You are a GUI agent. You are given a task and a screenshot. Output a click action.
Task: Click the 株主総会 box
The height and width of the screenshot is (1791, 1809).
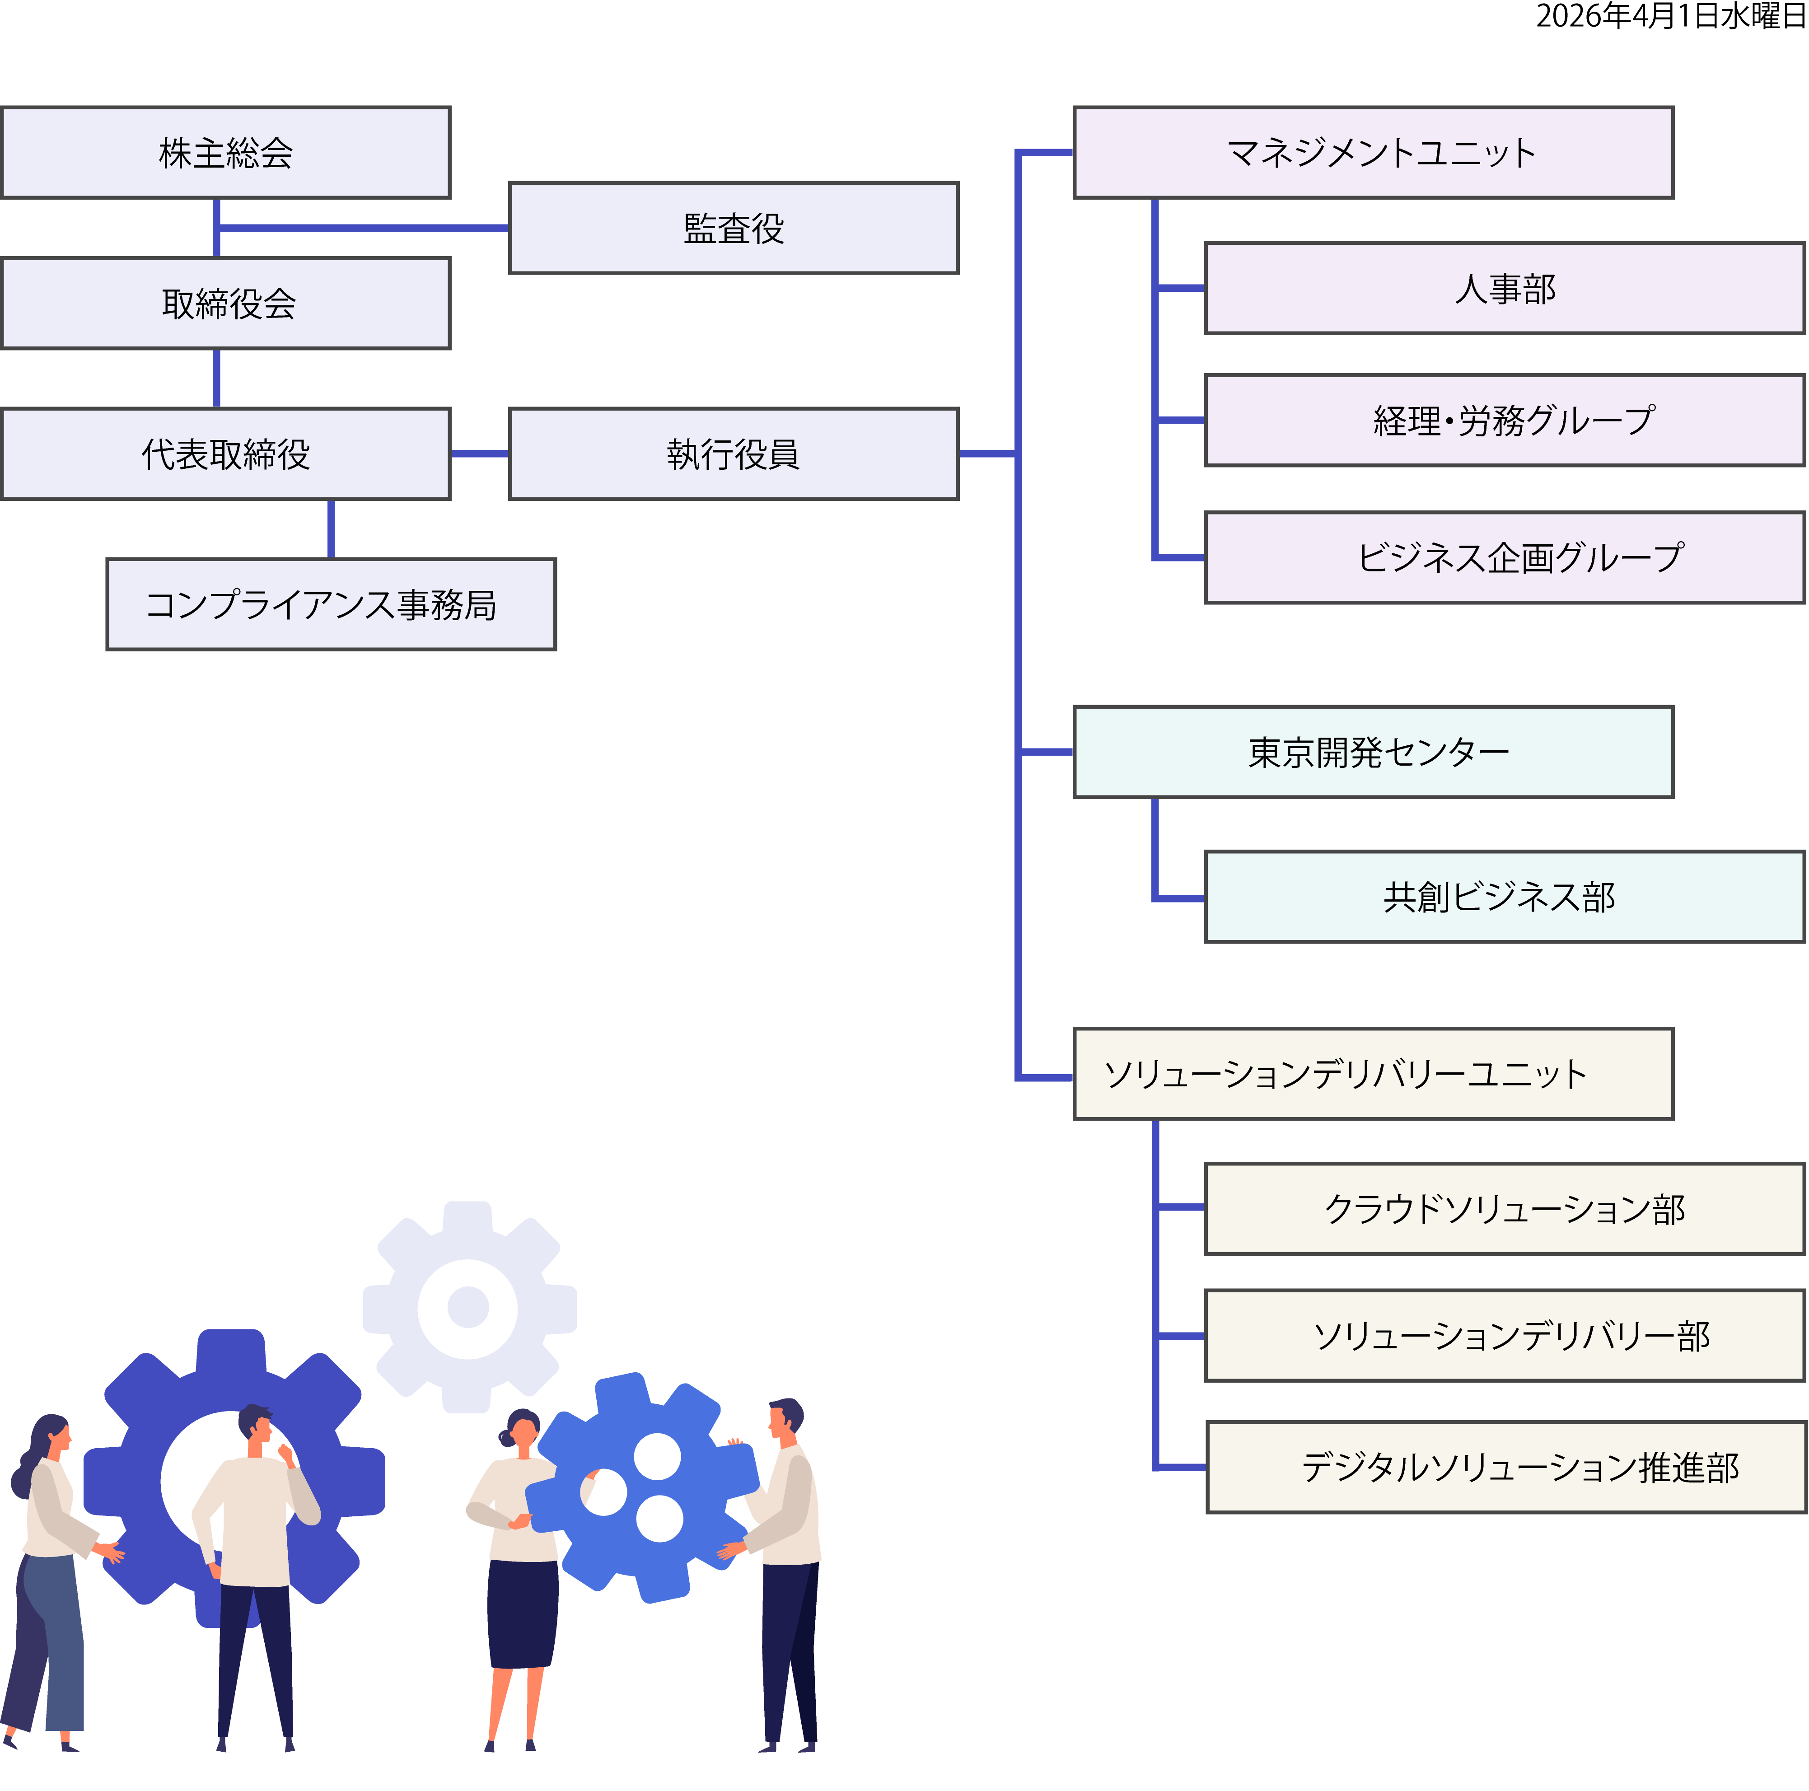coord(226,153)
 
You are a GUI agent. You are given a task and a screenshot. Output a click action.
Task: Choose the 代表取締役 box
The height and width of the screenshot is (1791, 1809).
coord(226,454)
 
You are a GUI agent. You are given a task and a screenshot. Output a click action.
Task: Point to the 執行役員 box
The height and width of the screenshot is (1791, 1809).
coord(733,454)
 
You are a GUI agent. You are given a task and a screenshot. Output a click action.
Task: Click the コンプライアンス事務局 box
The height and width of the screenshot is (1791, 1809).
coord(331,605)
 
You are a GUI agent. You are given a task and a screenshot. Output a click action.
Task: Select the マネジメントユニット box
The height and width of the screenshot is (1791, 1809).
coord(1373,153)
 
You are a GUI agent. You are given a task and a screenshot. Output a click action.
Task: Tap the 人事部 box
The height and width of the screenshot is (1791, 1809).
coord(1504,288)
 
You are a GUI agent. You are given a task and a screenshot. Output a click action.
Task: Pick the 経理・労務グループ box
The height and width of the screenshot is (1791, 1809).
coord(1504,421)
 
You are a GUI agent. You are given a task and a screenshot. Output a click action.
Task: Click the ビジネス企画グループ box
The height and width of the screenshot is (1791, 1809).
coord(1504,557)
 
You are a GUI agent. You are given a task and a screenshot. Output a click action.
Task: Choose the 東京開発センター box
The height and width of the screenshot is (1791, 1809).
coord(1373,752)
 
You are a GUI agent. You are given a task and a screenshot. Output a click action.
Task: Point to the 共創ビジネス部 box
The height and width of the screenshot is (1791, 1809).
coord(1504,897)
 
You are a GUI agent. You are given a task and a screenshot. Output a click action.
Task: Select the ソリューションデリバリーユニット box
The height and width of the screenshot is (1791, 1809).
coord(1373,1074)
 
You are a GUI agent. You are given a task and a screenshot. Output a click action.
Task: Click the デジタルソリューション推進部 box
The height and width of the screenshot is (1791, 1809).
coord(1505,1467)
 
